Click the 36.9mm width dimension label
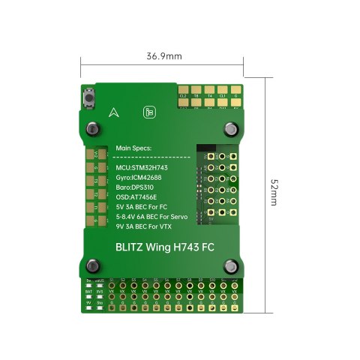pyautogui.click(x=164, y=56)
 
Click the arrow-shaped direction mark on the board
pyautogui.click(x=113, y=112)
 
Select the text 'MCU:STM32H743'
pyautogui.click(x=142, y=166)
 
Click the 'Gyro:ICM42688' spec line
pyautogui.click(x=141, y=177)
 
